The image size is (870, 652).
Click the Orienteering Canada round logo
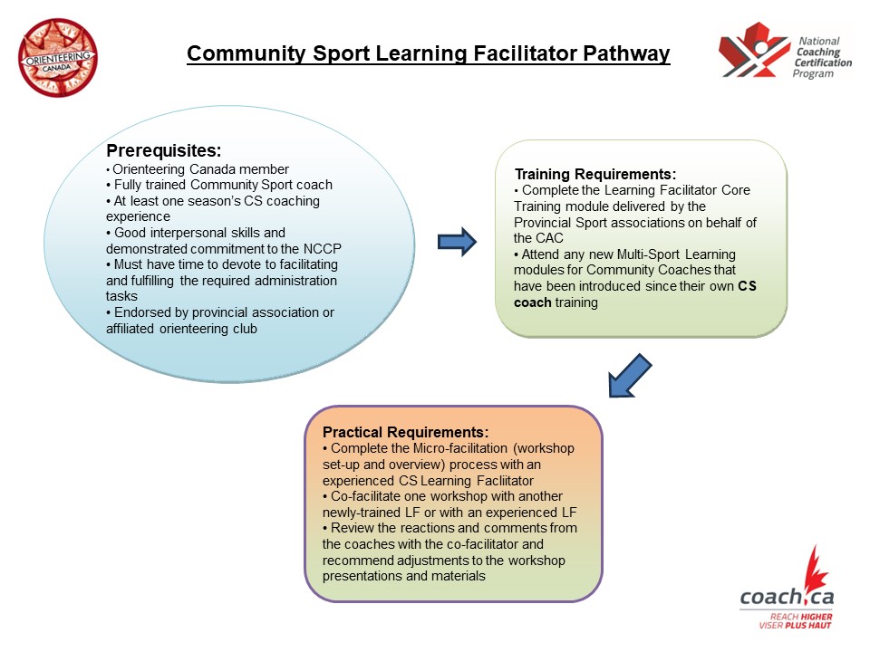pos(58,57)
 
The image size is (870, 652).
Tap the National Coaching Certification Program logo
pos(786,57)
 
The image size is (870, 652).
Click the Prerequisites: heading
pos(164,150)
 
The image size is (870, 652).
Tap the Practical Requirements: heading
pos(405,432)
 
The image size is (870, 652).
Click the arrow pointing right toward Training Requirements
pos(457,242)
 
